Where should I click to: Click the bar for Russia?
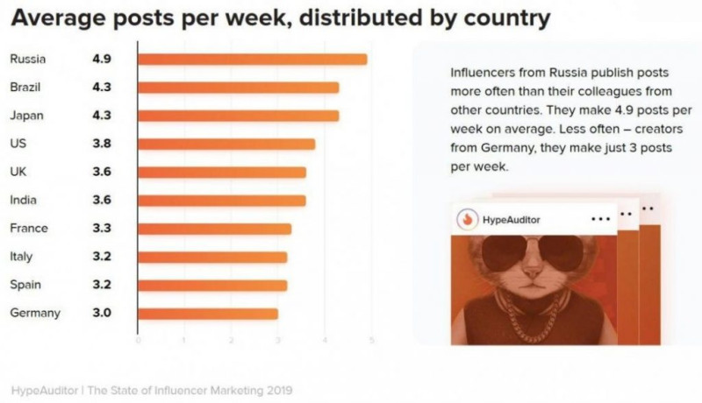tap(253, 60)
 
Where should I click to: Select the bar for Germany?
tap(208, 314)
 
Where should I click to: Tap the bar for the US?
tap(226, 145)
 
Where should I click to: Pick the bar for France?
tap(214, 229)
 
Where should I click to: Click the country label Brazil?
tap(25, 88)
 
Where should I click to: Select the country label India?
tap(23, 201)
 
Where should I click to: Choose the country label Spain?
tap(24, 285)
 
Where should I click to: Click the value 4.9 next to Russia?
tap(101, 60)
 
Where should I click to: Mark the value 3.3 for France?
tap(101, 229)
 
